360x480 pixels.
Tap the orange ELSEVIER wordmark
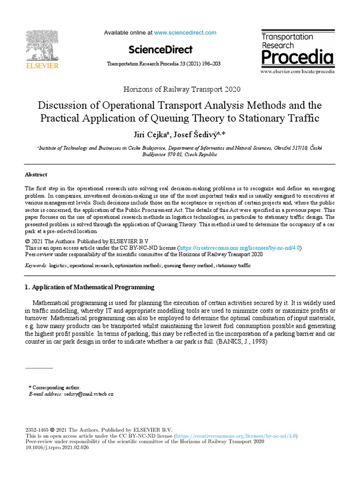coord(42,66)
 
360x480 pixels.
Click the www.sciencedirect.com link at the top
coord(185,33)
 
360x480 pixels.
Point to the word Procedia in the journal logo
coord(297,58)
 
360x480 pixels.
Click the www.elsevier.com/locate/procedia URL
coord(297,71)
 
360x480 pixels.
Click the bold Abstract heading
coord(36,174)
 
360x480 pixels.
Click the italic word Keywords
coord(36,265)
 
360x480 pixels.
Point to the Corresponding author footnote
coord(55,388)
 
